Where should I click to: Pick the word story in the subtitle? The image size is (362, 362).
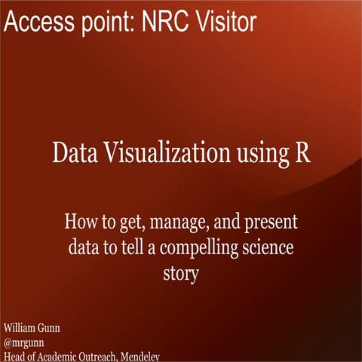click(x=180, y=274)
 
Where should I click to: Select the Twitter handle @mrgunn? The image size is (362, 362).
click(x=24, y=343)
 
